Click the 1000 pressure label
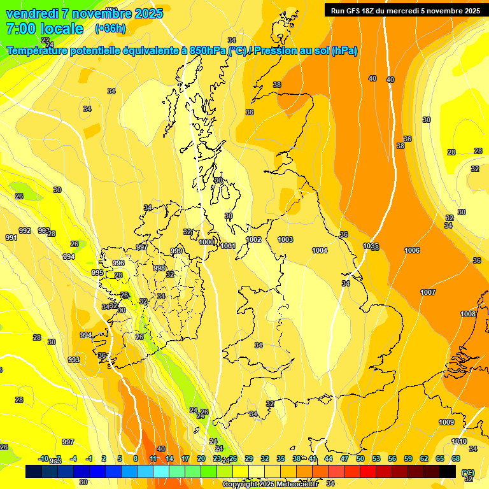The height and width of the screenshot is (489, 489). [206, 242]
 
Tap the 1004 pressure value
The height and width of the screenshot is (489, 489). [320, 250]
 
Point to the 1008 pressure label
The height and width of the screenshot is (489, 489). [468, 314]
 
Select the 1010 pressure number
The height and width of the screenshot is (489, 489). [458, 441]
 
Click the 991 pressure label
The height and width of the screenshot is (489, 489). [11, 237]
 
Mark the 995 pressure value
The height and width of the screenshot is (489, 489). [97, 273]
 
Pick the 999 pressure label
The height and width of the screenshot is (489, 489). [176, 252]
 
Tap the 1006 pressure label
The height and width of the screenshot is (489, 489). [412, 250]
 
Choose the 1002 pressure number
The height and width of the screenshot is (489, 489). [253, 239]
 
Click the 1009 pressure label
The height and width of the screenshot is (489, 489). [446, 422]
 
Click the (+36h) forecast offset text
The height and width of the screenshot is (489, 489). [110, 28]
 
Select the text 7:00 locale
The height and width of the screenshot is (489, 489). [45, 28]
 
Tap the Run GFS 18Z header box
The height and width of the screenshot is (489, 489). [405, 10]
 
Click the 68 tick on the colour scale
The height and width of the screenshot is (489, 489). [456, 458]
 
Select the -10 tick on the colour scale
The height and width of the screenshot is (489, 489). [43, 458]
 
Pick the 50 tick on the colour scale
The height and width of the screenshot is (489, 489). [360, 458]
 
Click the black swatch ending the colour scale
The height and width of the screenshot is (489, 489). [448, 471]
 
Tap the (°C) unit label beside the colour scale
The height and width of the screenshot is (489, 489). [467, 472]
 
